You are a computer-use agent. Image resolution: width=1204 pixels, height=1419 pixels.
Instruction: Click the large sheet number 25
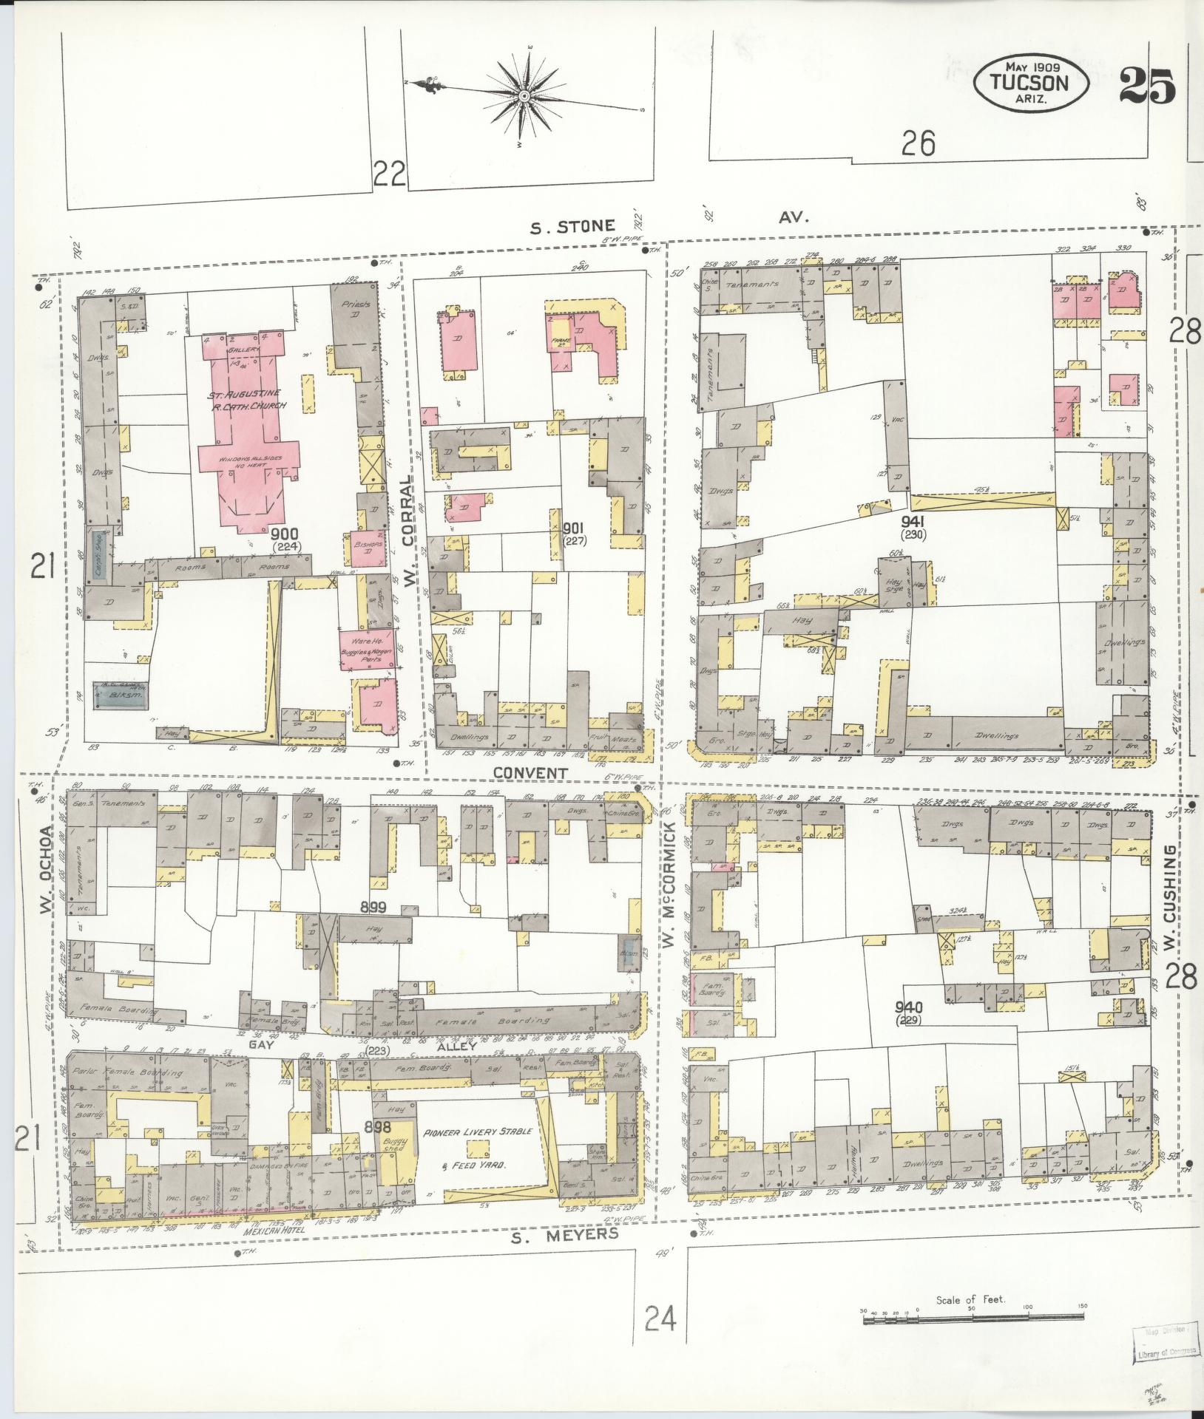1147,86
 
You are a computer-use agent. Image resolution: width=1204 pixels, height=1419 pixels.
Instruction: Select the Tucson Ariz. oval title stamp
1030,83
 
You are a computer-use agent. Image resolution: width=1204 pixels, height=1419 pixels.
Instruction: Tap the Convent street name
530,773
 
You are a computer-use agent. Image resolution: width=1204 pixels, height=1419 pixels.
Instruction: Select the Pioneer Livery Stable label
477,1132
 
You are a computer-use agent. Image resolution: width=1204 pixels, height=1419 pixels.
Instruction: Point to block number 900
284,533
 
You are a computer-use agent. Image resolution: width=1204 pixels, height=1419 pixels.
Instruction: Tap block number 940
907,1007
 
